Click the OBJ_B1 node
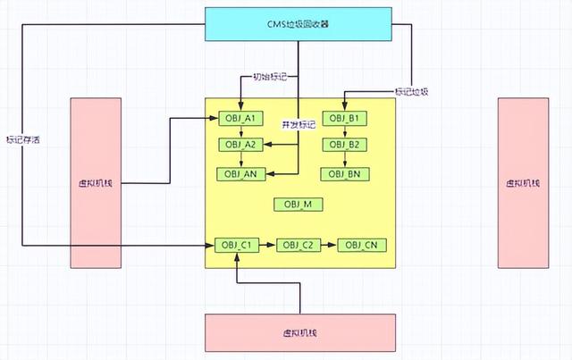[343, 119]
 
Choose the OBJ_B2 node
[343, 145]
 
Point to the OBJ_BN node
[343, 173]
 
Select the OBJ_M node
[298, 205]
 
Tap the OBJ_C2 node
[299, 245]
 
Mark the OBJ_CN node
[362, 245]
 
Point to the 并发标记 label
[299, 124]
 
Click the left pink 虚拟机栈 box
[96, 182]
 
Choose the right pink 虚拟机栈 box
[523, 182]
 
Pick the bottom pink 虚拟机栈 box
[299, 332]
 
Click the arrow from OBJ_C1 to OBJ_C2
[268, 245]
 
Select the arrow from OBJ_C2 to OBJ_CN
[330, 245]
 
